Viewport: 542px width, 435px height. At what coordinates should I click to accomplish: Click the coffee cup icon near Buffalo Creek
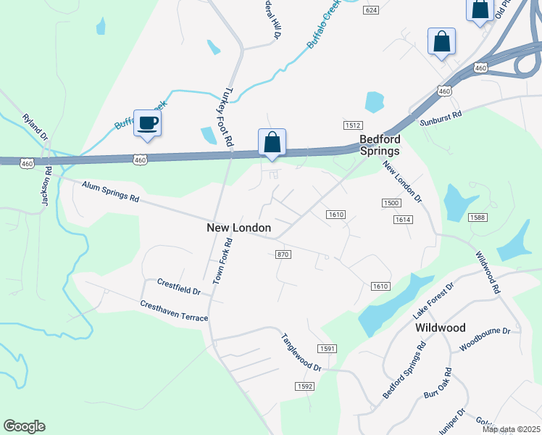pyautogui.click(x=148, y=123)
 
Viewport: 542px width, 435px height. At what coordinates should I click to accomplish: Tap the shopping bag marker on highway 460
pyautogui.click(x=272, y=141)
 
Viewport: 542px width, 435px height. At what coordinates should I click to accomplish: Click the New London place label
pyautogui.click(x=239, y=228)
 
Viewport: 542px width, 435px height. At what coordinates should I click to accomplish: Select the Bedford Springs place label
pyautogui.click(x=380, y=145)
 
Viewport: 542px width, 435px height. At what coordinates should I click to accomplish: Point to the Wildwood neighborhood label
pyautogui.click(x=441, y=328)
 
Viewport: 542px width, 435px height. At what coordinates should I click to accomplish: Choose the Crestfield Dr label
pyautogui.click(x=178, y=286)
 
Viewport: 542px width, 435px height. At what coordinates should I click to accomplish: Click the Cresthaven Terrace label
pyautogui.click(x=174, y=312)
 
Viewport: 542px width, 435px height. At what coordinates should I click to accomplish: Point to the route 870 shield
pyautogui.click(x=283, y=254)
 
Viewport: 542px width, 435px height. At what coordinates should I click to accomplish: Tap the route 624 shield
pyautogui.click(x=372, y=10)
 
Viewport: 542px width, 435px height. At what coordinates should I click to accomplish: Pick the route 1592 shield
pyautogui.click(x=304, y=386)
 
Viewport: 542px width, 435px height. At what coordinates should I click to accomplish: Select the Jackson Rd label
pyautogui.click(x=46, y=186)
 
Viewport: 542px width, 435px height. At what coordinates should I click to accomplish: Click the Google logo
pyautogui.click(x=24, y=426)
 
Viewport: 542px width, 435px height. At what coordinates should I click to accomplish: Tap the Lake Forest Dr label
pyautogui.click(x=433, y=301)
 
